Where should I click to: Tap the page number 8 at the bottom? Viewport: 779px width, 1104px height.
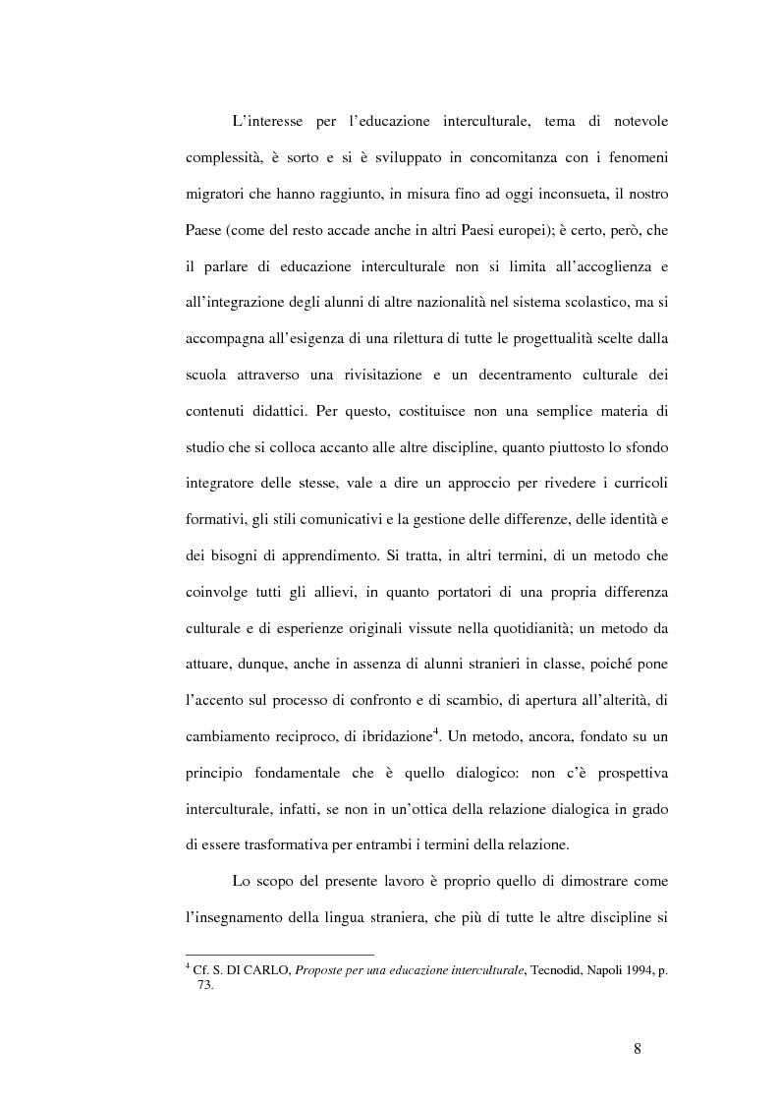tap(638, 1050)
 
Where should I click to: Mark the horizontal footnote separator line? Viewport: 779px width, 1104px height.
tap(279, 954)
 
